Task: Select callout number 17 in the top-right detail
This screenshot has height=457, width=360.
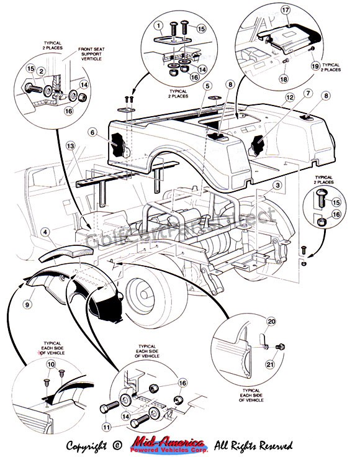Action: pos(286,10)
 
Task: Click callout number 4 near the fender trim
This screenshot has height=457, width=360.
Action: pos(46,232)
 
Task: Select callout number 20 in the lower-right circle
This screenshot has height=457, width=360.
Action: pos(270,321)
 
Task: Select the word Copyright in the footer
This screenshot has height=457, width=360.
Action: pos(92,445)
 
